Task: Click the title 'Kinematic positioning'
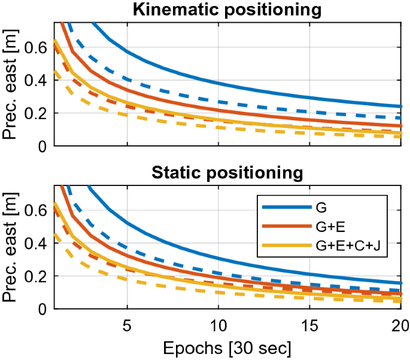pos(227,10)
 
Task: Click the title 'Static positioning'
pos(227,174)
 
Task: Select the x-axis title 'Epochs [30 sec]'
pos(227,347)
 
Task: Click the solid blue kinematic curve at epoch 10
pos(218,84)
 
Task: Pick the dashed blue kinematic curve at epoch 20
pos(400,118)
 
